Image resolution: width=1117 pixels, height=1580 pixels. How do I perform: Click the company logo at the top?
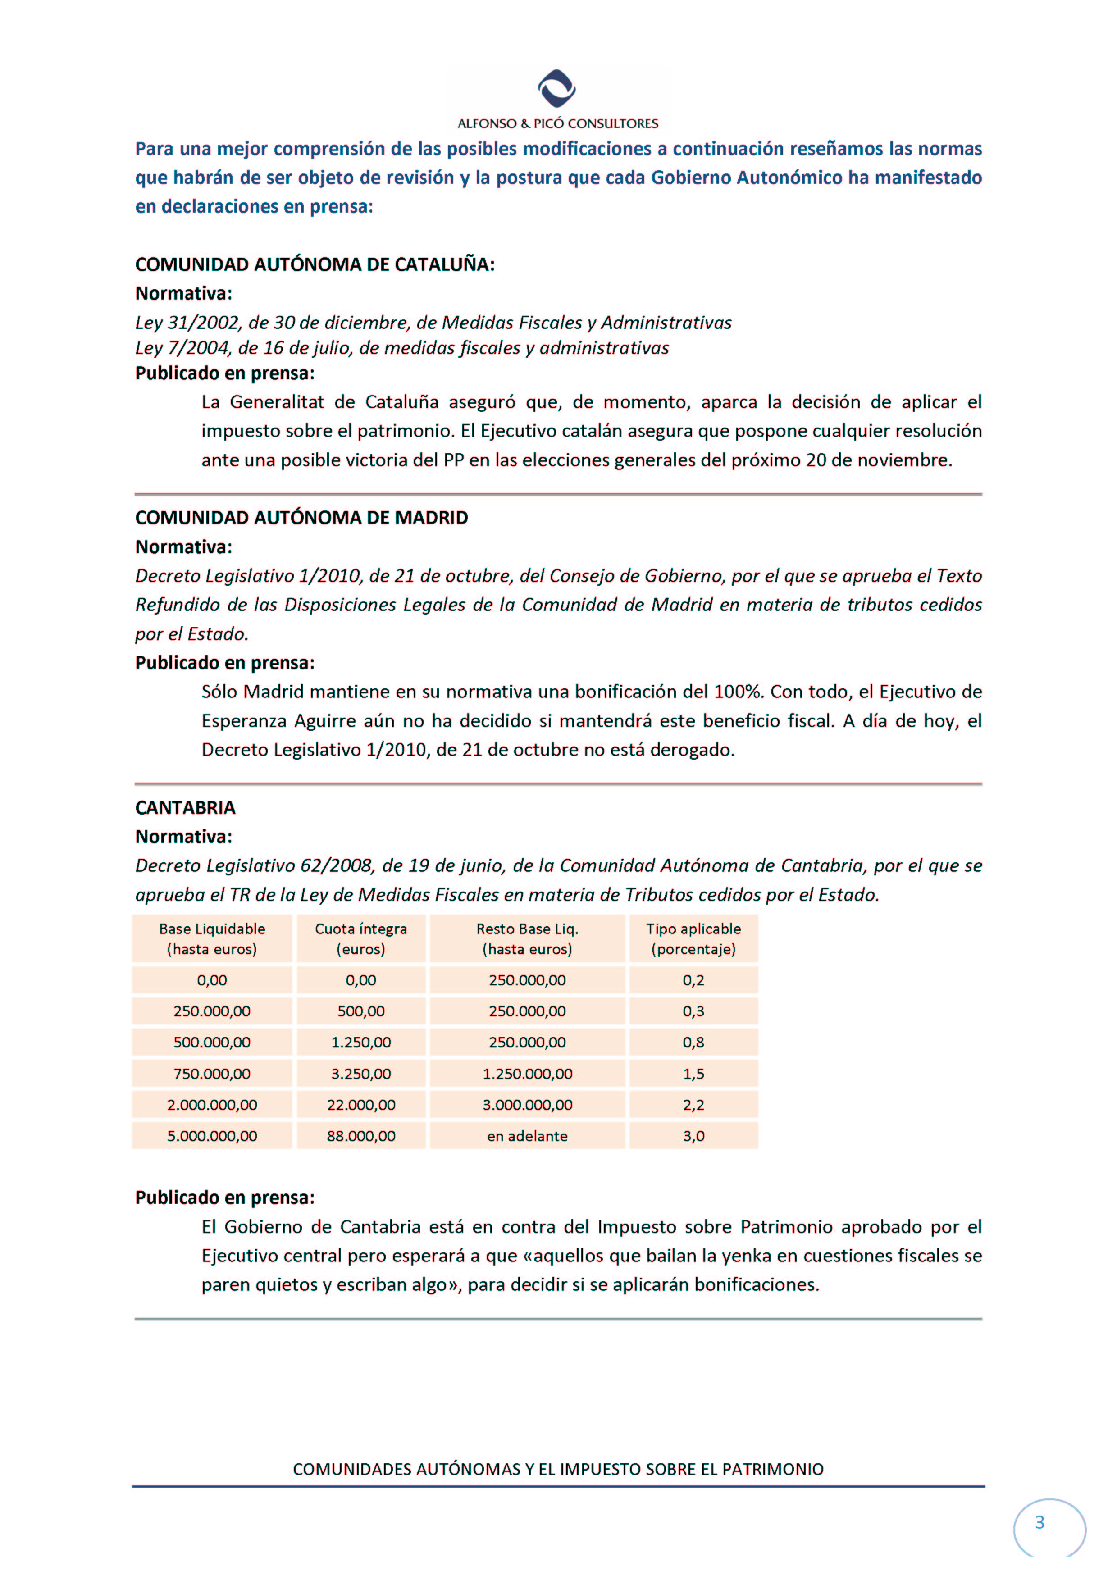point(557,88)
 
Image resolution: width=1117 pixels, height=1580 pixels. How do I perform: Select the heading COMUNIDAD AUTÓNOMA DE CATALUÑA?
point(315,264)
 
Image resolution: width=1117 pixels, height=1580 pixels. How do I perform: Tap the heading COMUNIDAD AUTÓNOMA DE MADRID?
point(301,518)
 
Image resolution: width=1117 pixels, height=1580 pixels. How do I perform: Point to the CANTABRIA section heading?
point(185,807)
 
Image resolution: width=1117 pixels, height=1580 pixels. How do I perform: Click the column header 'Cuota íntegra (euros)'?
point(360,938)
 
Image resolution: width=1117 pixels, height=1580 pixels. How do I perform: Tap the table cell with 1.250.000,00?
point(527,1074)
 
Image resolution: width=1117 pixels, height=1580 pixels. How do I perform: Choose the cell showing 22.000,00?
point(360,1105)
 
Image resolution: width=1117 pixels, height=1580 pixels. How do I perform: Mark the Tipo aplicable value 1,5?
point(693,1074)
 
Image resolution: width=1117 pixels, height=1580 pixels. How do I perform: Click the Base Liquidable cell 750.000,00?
point(212,1074)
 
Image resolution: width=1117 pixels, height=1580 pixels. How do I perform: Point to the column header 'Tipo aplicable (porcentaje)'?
point(693,938)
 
